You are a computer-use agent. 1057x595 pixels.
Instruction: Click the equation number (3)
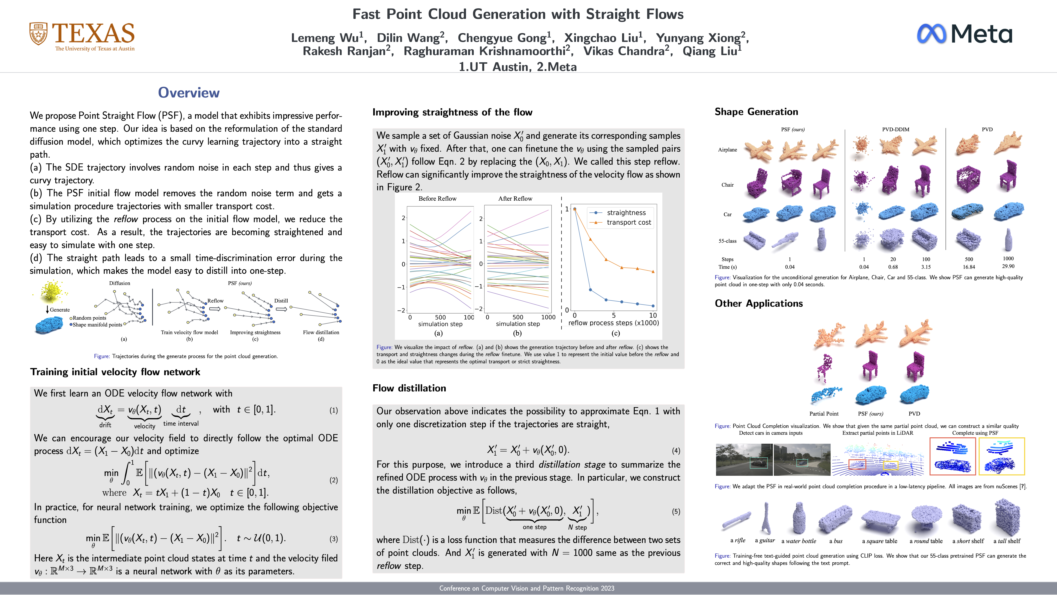(x=334, y=539)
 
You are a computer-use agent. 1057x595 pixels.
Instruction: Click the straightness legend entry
(x=626, y=213)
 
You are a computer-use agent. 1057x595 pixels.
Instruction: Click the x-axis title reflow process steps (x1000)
(x=613, y=323)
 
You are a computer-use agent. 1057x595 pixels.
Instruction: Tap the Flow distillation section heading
(x=409, y=388)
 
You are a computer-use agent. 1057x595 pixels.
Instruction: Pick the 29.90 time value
(x=1008, y=266)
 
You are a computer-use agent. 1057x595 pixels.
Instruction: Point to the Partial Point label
(x=824, y=413)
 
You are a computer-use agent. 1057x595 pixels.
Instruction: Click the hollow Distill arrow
(x=281, y=309)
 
